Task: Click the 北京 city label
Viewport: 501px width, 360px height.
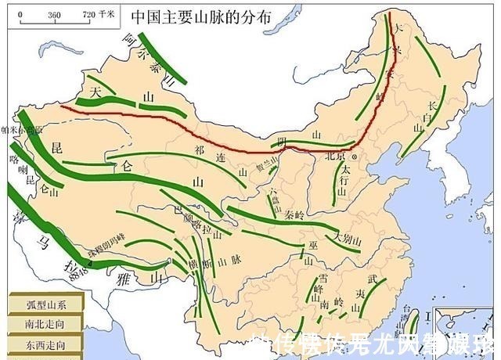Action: pyautogui.click(x=337, y=156)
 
